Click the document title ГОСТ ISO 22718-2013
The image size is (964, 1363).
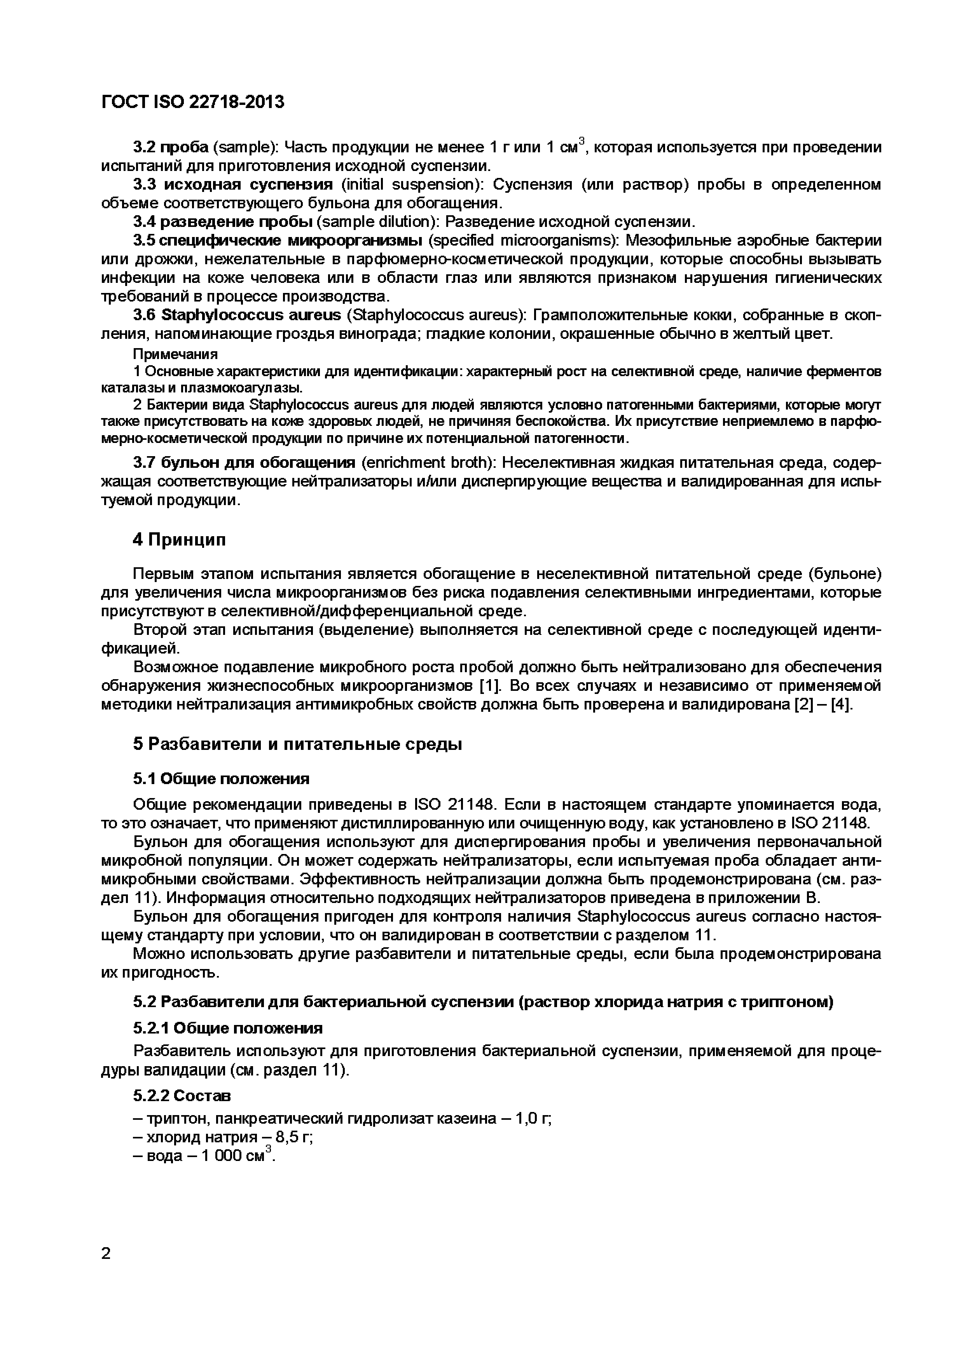pyautogui.click(x=193, y=102)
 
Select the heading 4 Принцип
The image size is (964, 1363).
pyautogui.click(x=179, y=540)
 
